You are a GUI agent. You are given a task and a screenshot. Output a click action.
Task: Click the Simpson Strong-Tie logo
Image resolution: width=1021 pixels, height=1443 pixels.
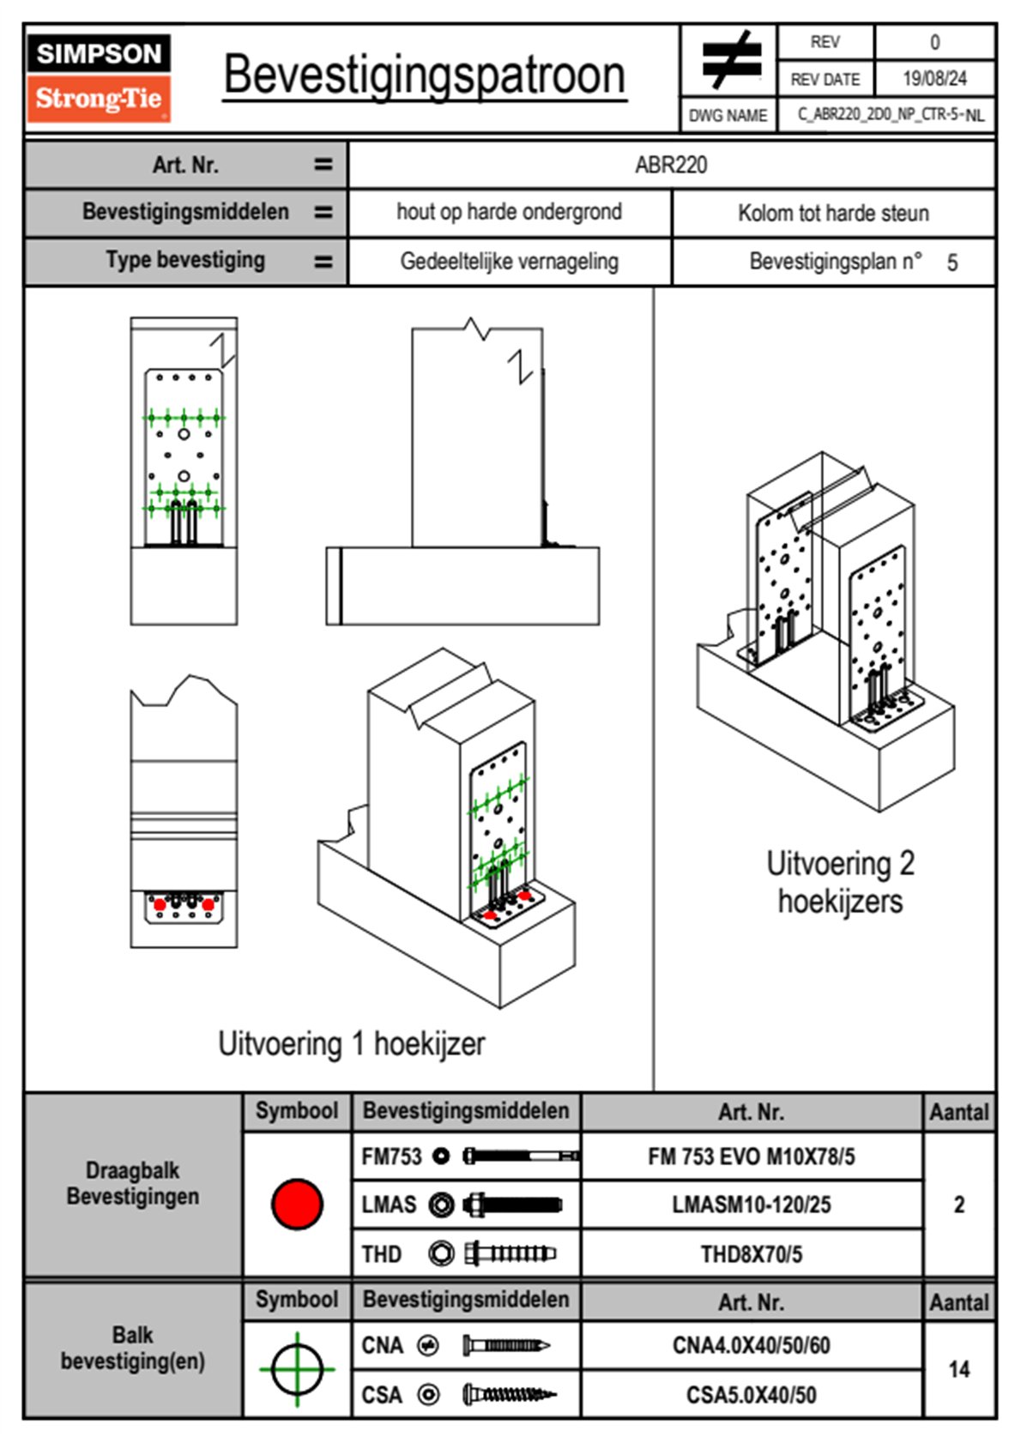[99, 78]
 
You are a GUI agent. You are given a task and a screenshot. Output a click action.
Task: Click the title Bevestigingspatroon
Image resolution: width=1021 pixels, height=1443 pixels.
[424, 75]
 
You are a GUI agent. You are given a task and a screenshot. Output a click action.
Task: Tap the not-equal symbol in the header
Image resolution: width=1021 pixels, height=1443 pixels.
[730, 60]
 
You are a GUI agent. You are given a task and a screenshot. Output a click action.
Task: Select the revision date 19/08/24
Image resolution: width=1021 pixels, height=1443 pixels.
[934, 79]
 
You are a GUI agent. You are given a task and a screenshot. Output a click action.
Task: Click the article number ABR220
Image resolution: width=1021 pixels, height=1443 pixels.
[671, 165]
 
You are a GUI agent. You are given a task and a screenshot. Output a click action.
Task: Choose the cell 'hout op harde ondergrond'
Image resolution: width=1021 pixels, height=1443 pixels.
[509, 212]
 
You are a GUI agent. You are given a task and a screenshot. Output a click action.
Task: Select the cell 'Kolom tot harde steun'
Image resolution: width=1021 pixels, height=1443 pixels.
[833, 213]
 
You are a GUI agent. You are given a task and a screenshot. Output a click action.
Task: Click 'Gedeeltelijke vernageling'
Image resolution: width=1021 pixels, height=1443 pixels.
[509, 262]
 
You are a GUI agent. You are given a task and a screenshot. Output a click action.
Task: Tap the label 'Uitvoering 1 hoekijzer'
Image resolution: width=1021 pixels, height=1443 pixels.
[351, 1044]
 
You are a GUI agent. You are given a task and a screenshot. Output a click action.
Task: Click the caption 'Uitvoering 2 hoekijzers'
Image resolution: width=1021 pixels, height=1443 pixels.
[840, 882]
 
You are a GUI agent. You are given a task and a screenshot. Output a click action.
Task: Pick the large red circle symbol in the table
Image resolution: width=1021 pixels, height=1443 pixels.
[297, 1204]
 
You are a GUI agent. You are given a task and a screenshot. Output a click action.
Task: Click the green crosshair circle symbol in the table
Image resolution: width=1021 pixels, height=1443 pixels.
[297, 1369]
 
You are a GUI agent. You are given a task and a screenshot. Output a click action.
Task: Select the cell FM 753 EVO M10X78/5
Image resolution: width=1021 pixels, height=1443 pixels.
[751, 1156]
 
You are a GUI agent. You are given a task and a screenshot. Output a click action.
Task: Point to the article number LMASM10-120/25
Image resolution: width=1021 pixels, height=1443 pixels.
[751, 1205]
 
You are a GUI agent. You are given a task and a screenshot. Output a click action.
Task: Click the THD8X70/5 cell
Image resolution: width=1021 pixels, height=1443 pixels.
[751, 1254]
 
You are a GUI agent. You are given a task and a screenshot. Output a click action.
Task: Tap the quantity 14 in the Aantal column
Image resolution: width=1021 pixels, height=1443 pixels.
[958, 1369]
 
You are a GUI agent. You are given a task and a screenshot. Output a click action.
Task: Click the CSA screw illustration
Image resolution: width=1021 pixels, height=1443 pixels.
[509, 1395]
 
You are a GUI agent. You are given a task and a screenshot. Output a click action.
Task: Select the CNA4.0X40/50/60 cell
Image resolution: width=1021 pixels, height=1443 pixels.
[751, 1345]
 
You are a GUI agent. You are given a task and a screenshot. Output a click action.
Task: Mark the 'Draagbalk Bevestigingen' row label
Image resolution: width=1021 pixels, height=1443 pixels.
[133, 1183]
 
